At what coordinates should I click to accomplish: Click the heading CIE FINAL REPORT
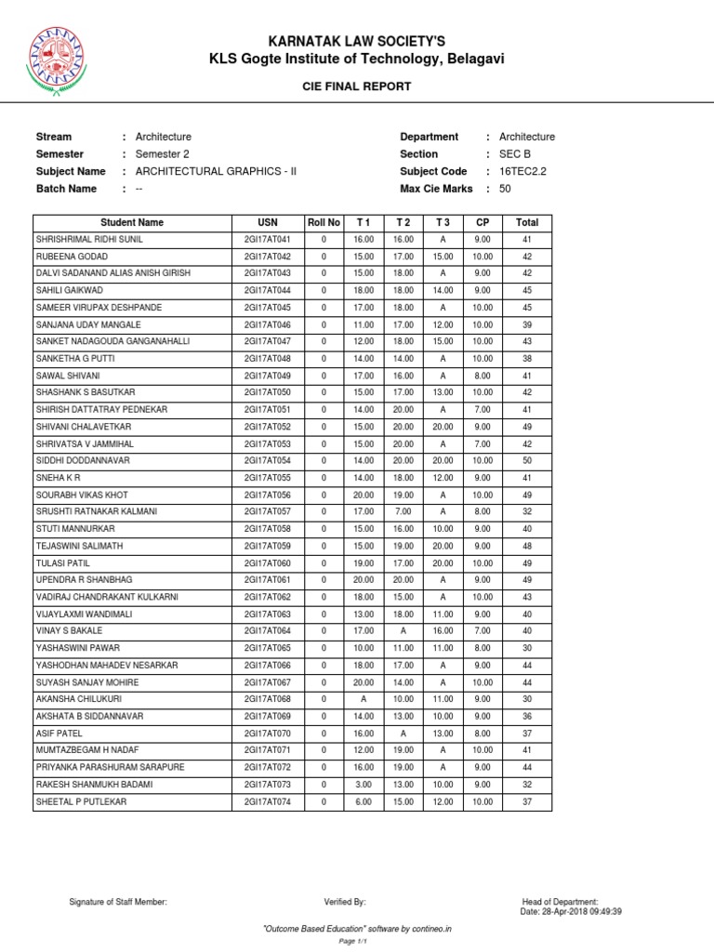358,86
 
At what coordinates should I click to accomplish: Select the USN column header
268,222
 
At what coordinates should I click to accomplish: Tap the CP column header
482,222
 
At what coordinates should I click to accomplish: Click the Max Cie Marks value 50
505,189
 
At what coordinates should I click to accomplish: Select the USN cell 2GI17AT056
268,495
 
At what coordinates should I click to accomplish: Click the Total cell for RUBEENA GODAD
527,256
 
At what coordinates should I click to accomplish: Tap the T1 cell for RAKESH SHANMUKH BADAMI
364,784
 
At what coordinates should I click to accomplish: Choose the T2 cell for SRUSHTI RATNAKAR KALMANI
403,511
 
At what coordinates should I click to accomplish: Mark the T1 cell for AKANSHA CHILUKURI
364,698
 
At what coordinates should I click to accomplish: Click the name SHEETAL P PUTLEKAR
83,801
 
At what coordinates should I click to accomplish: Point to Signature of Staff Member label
118,902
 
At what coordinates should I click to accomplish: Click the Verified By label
345,902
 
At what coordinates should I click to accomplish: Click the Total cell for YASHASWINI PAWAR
527,648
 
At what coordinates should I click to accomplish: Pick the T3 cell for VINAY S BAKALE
442,630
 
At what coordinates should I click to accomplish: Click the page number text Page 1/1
357,942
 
